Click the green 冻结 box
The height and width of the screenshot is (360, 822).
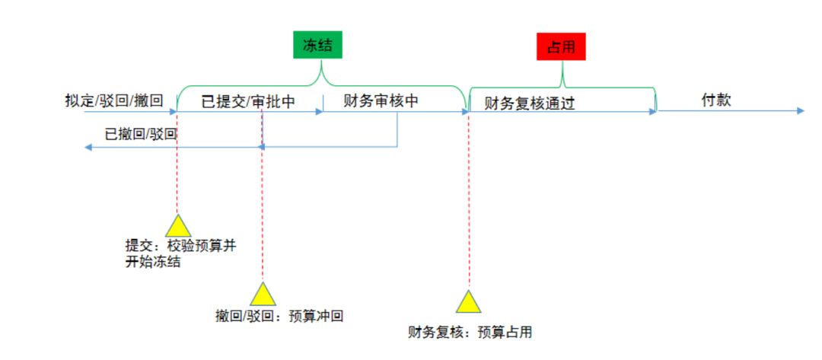(x=317, y=46)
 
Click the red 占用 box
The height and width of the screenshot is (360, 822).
(x=562, y=47)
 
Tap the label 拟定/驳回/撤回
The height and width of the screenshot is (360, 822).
(x=114, y=100)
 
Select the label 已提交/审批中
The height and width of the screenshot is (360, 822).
(x=247, y=102)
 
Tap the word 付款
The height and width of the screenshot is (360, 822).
(x=716, y=100)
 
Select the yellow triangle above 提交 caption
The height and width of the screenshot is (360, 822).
(x=177, y=226)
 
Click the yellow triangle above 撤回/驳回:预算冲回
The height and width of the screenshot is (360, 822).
(x=262, y=295)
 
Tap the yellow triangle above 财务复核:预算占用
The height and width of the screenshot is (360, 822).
(x=469, y=302)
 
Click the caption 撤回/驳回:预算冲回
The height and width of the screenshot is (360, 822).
(x=279, y=315)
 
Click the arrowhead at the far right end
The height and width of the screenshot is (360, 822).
(x=800, y=111)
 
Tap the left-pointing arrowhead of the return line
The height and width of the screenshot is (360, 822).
(x=88, y=147)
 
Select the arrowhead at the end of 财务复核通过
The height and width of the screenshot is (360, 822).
(x=652, y=111)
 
